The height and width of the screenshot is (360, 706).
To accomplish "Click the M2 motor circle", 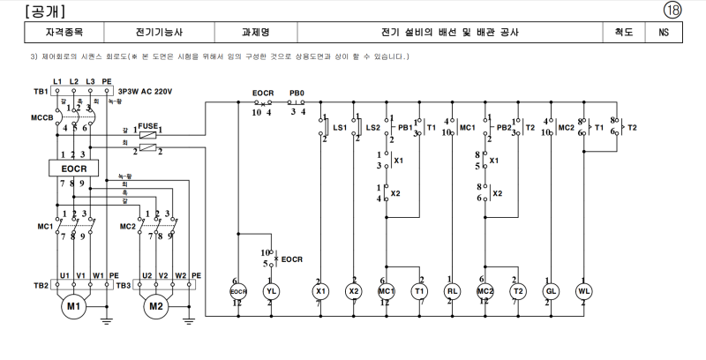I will tap(157, 306).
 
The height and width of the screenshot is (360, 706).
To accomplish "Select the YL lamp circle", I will tap(272, 291).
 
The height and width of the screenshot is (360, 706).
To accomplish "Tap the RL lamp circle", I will tap(452, 291).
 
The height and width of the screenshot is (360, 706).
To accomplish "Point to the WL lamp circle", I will tap(583, 291).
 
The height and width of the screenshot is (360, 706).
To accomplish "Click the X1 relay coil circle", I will tap(320, 291).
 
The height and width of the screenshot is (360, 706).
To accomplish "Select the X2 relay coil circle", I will tap(354, 291).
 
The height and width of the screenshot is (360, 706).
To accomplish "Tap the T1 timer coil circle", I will tap(419, 291).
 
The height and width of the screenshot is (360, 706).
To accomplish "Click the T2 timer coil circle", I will tap(518, 291).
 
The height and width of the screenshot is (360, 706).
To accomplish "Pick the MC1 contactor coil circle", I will tap(386, 291).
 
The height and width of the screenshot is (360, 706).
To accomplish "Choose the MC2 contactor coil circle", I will tap(485, 291).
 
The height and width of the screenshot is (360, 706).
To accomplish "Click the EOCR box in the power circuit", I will tap(74, 168).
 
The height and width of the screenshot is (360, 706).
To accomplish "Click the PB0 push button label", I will tap(297, 93).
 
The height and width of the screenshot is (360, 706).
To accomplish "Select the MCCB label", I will tap(42, 117).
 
